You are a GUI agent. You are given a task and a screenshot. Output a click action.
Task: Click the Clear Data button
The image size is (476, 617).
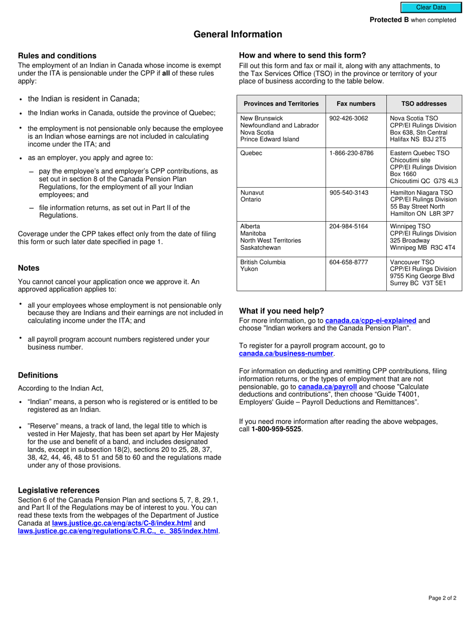tap(430, 8)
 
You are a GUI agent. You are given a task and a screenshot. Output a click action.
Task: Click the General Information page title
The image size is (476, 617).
tap(238, 35)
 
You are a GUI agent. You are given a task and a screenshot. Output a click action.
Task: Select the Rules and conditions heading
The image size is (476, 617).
tap(57, 56)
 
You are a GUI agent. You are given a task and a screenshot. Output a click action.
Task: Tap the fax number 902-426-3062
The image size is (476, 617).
tap(349, 118)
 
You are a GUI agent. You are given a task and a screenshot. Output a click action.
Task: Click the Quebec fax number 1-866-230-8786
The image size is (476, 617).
tap(351, 153)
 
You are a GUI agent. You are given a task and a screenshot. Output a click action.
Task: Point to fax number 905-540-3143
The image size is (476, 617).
tap(349, 193)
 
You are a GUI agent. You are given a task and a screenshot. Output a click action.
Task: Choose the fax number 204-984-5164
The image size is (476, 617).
tap(349, 226)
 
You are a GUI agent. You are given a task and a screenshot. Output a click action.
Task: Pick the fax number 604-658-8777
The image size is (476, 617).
tap(349, 262)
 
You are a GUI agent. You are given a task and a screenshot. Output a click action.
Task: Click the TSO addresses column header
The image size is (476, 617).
tap(424, 104)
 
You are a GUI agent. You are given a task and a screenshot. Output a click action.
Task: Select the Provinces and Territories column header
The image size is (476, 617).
tap(281, 104)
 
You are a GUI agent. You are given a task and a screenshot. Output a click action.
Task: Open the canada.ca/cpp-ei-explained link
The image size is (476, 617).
tap(371, 321)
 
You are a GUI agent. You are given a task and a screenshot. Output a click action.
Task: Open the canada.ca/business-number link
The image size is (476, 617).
tap(286, 354)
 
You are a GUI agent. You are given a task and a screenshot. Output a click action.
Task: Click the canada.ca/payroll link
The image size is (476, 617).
tap(327, 387)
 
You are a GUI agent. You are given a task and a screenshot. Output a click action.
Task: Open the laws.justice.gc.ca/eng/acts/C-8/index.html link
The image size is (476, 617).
tap(122, 523)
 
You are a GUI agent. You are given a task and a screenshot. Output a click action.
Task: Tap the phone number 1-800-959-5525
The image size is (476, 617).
tap(277, 429)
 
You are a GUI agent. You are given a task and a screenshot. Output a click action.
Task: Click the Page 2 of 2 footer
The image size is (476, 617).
tap(442, 598)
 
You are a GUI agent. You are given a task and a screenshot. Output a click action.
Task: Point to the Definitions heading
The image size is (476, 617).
tap(38, 375)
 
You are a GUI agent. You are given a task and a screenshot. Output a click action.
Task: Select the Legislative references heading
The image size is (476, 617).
tap(59, 490)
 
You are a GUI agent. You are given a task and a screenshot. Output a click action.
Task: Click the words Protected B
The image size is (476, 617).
tap(389, 20)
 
